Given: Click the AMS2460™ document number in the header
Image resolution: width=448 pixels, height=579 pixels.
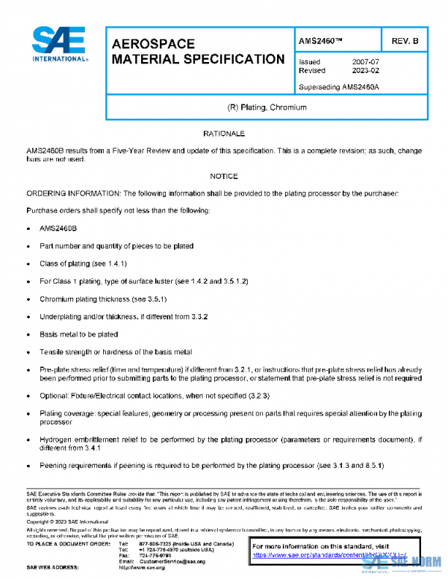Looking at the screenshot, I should (320, 40).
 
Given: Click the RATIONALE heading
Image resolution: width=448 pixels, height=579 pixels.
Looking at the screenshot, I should (224, 134).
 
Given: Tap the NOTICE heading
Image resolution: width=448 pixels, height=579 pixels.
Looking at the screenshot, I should (224, 177).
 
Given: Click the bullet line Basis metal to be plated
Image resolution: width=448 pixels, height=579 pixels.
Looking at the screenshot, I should (78, 334).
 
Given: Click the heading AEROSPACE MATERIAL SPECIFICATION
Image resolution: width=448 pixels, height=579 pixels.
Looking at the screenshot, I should (198, 51).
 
